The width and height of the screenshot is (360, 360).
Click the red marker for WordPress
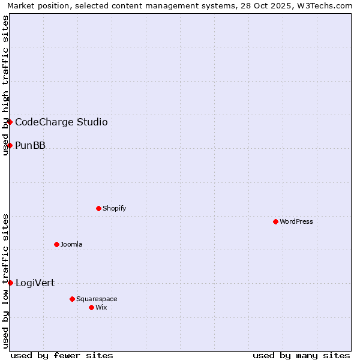(x=275, y=221)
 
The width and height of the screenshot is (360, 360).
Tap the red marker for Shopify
(x=98, y=208)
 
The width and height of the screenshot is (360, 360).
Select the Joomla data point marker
(x=56, y=244)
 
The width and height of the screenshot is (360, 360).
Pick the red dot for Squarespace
(x=72, y=299)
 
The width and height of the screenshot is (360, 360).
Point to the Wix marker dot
(x=91, y=307)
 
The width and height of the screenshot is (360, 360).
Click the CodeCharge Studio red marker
(x=10, y=122)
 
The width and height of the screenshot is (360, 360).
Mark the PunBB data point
(x=10, y=145)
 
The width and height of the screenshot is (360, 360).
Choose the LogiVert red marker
(x=10, y=283)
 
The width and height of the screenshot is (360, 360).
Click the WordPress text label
(x=296, y=221)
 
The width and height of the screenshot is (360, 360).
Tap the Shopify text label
(x=114, y=208)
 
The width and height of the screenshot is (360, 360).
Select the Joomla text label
(x=71, y=244)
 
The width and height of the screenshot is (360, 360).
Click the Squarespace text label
(x=97, y=299)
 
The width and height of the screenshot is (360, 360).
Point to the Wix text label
(x=101, y=307)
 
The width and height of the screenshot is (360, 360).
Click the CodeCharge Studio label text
(x=61, y=122)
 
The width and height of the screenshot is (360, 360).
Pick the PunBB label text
(x=30, y=146)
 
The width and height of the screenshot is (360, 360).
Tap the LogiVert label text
(x=35, y=283)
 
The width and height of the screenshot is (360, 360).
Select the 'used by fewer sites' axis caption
(x=62, y=355)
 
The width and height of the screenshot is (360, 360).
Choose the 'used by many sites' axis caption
(x=301, y=355)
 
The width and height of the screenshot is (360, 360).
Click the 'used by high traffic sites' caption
(x=5, y=86)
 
